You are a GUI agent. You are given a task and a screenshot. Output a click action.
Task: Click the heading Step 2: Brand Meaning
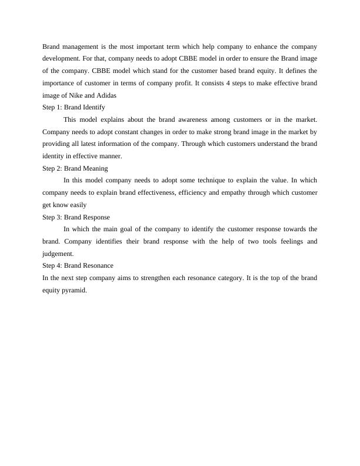click(x=75, y=168)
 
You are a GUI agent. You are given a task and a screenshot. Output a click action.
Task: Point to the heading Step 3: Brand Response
click(x=76, y=217)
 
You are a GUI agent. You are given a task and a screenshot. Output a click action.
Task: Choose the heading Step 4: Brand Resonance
click(x=78, y=266)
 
